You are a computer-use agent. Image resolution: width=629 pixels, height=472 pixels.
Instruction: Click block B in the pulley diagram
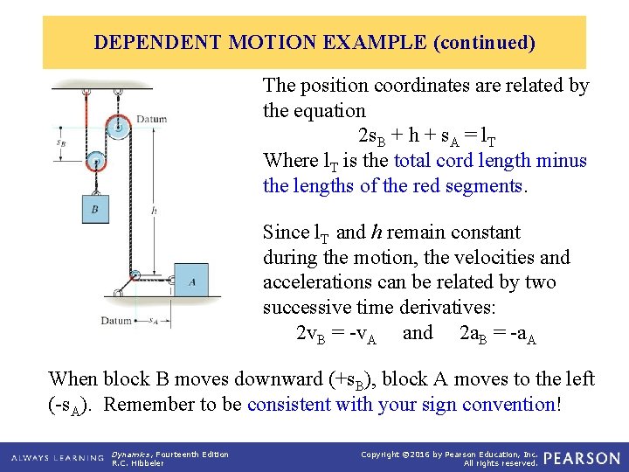95,209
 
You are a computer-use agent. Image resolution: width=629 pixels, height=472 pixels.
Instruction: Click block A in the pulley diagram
191,281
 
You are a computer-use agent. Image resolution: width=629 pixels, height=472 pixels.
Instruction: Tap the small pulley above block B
94,160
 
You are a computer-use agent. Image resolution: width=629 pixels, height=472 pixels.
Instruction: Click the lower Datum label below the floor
115,321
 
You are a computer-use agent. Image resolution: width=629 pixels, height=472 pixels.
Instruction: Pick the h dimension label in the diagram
154,210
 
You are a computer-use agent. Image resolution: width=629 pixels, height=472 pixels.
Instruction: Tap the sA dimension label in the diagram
153,321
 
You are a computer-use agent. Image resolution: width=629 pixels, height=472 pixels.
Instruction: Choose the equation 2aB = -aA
497,334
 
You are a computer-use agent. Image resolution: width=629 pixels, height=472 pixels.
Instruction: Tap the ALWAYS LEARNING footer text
54,458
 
